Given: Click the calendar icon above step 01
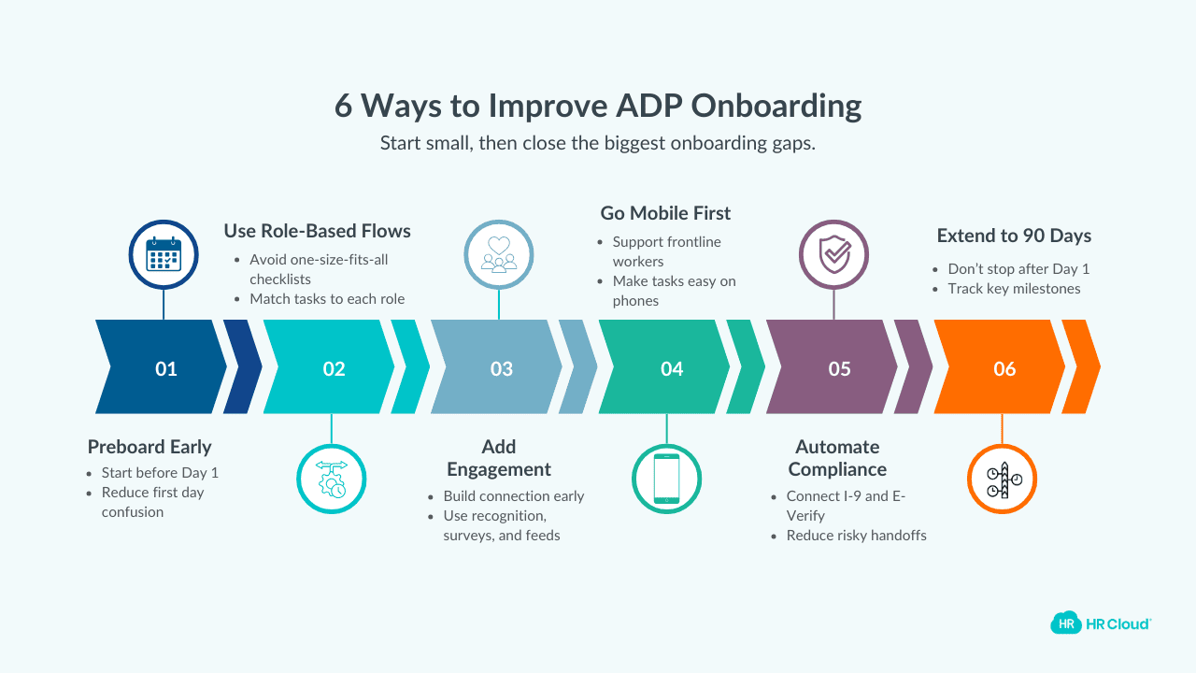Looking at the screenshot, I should (164, 254).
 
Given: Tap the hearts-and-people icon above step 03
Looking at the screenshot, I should (499, 254).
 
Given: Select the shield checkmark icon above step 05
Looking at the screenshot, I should (833, 254).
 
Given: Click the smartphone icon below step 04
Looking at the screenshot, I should (666, 480).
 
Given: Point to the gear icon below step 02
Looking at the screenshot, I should (332, 480).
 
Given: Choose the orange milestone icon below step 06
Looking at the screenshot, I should (1002, 480).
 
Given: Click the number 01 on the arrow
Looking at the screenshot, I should (166, 368).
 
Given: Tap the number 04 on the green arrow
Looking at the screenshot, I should (671, 368).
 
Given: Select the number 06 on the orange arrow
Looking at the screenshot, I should (1004, 368).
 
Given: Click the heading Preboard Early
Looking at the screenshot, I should (149, 447).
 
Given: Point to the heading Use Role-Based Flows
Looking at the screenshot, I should (317, 230).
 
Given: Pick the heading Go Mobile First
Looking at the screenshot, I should (665, 213).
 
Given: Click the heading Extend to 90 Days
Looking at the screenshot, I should (1014, 236).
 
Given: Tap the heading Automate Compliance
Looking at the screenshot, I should (837, 458).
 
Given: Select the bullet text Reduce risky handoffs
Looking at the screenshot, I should (856, 536).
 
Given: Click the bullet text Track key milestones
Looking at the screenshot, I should (1014, 289).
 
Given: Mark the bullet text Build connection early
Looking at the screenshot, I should (513, 496).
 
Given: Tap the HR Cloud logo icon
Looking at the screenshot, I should (1064, 623).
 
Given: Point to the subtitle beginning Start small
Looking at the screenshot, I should (598, 144).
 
